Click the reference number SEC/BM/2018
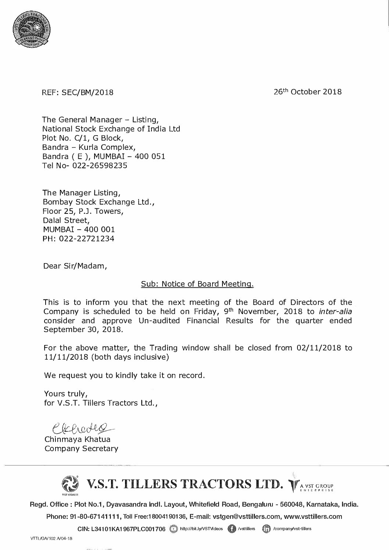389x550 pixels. tap(87, 93)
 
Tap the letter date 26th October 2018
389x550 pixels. tap(307, 91)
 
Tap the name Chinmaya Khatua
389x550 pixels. tap(77, 439)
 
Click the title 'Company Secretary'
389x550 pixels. tap(81, 449)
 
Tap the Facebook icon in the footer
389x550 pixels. tap(232, 529)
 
